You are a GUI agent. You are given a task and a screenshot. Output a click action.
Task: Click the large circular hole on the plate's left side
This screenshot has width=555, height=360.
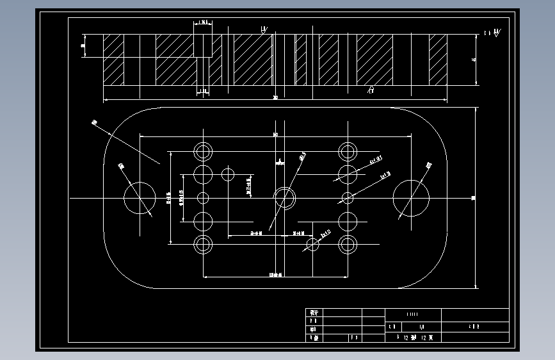(139, 198)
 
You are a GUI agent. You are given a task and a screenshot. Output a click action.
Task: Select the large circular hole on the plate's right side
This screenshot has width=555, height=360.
(411, 198)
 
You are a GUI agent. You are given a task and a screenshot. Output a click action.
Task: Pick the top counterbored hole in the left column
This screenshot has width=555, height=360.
(204, 152)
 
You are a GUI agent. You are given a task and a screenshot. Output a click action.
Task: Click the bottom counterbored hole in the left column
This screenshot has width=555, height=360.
(204, 244)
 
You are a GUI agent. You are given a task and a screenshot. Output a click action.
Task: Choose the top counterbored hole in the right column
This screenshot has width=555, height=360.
(348, 152)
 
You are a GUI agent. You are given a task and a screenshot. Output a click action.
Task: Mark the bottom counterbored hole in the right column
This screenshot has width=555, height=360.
(348, 244)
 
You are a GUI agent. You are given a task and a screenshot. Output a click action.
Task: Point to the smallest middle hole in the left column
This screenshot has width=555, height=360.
(204, 197)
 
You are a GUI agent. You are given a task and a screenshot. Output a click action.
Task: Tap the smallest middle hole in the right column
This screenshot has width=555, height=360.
(348, 197)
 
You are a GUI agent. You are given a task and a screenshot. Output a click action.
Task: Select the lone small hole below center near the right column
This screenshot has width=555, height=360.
(313, 244)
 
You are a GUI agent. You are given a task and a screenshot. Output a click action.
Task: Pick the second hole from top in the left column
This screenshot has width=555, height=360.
(204, 174)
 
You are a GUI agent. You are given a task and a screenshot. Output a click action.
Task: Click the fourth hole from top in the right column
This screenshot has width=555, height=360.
(348, 221)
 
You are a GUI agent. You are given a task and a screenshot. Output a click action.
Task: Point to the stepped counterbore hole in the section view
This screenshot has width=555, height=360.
(203, 58)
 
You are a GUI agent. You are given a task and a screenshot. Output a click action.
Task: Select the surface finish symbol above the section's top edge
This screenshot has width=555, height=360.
(264, 29)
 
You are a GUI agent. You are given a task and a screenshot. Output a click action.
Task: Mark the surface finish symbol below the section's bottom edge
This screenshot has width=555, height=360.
(370, 90)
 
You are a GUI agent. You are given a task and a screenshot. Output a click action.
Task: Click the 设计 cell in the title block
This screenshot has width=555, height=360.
(314, 313)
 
